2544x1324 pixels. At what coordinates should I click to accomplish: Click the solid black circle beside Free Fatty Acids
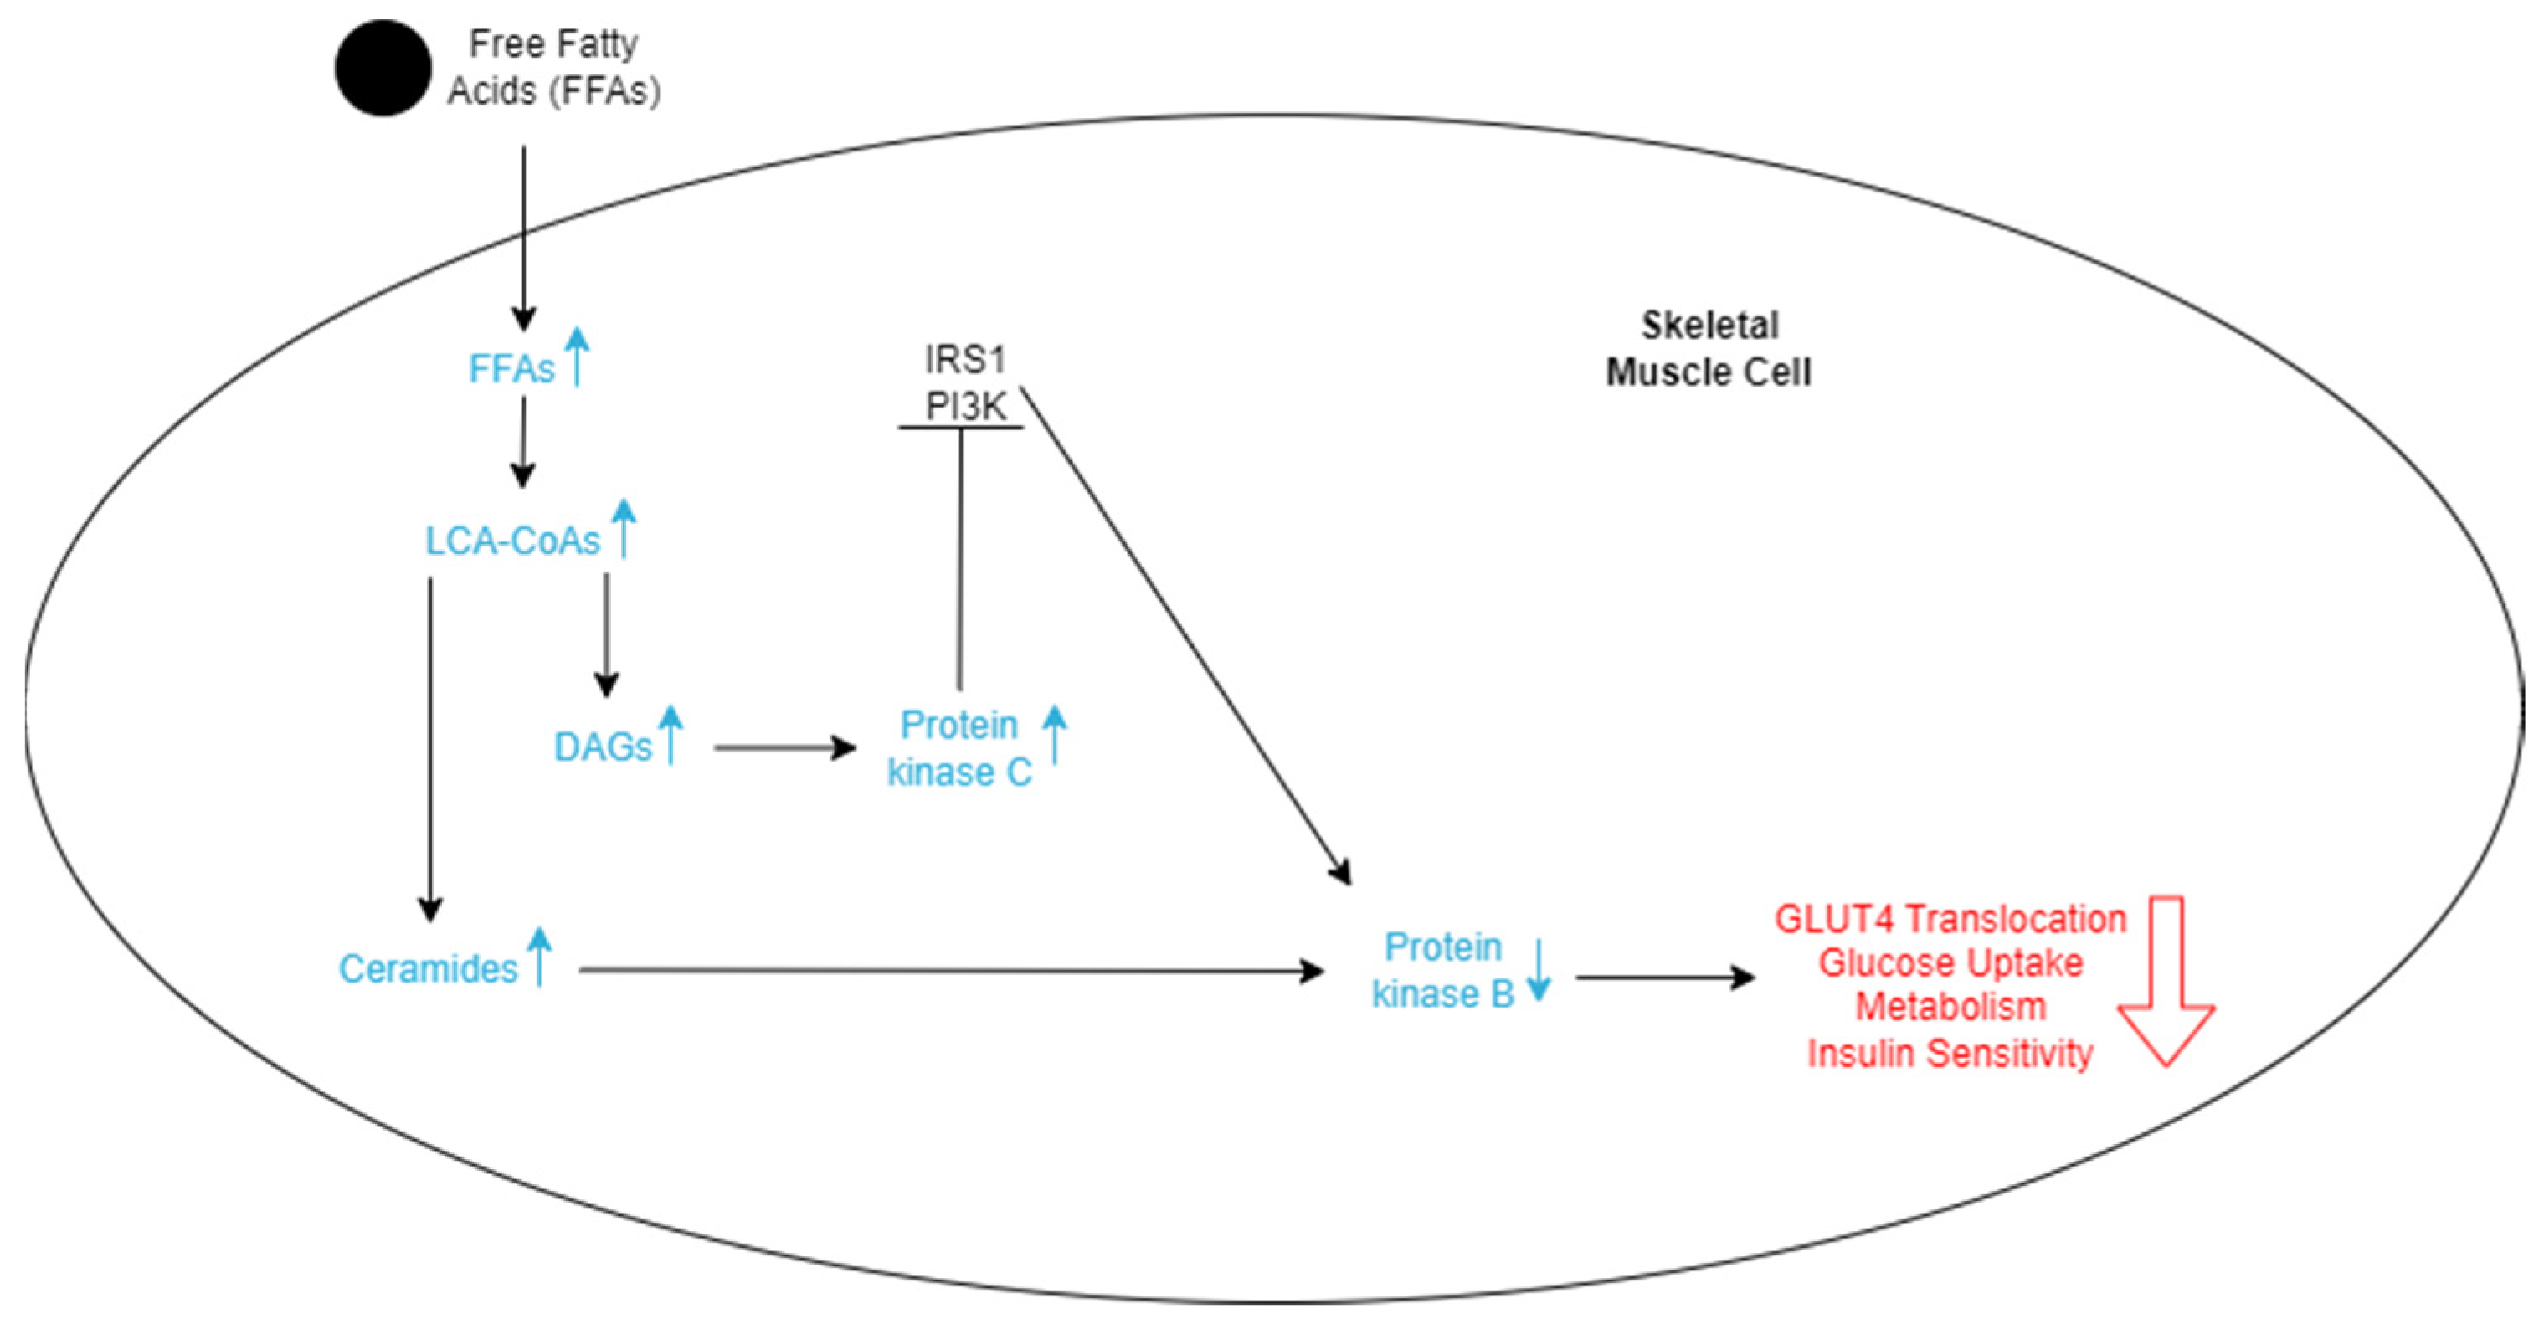point(383,68)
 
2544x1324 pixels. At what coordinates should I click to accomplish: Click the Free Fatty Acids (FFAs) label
point(553,67)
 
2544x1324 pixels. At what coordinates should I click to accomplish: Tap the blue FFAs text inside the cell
point(511,369)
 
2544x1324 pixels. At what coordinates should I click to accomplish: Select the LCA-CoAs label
point(512,541)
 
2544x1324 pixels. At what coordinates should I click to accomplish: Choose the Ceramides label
point(428,969)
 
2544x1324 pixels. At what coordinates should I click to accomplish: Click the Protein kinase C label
point(959,748)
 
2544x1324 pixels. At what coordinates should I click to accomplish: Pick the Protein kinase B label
point(1443,971)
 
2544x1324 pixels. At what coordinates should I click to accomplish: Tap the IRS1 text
point(965,359)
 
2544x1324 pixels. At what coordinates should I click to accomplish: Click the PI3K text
point(965,406)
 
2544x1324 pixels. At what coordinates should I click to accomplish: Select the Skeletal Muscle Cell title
point(1709,348)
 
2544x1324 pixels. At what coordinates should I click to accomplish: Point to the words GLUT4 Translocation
point(1950,919)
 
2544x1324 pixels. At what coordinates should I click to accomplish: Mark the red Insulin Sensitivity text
point(1950,1054)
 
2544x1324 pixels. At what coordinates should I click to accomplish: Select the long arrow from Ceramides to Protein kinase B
point(948,971)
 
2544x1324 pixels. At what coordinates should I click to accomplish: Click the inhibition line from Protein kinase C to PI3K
point(960,558)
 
